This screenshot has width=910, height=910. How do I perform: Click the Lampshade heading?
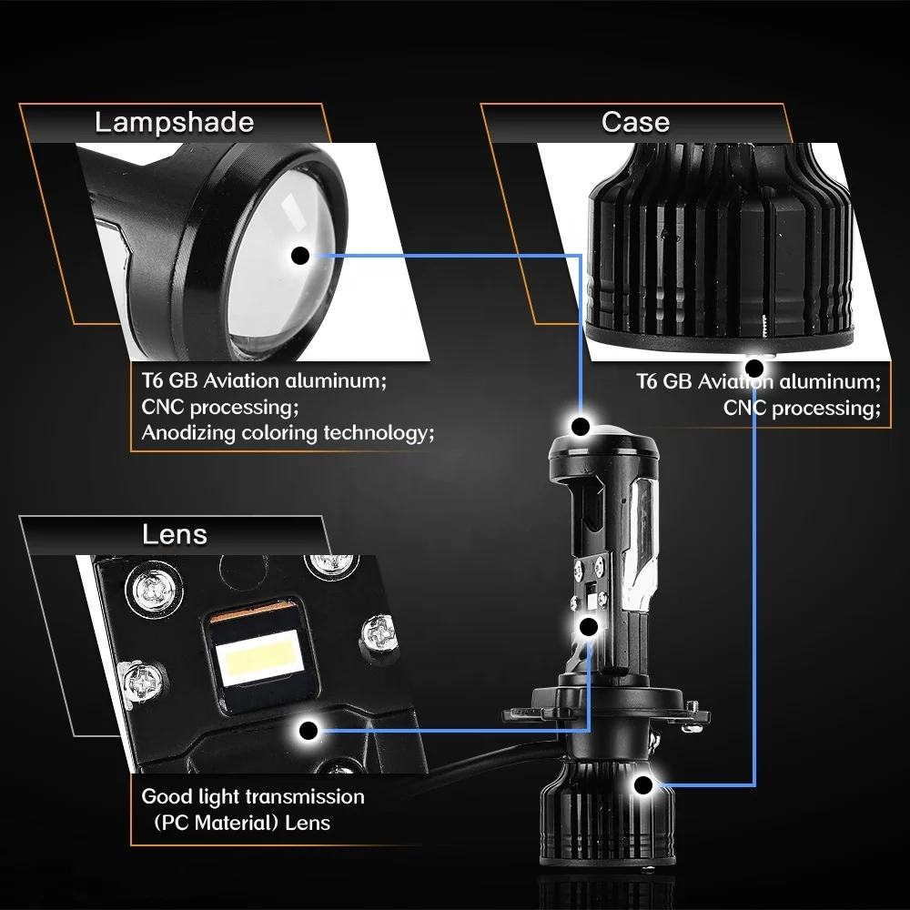174,123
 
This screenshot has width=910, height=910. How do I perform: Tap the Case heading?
635,123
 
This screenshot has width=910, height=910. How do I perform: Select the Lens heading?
174,534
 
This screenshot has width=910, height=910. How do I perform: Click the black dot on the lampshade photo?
300,256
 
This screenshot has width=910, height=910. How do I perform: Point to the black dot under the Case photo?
753,368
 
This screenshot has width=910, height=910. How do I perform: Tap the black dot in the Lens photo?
308,729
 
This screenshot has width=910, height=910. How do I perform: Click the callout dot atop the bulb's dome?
580,425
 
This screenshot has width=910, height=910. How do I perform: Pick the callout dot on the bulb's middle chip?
588,626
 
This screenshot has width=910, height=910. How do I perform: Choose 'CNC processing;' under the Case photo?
802,408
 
